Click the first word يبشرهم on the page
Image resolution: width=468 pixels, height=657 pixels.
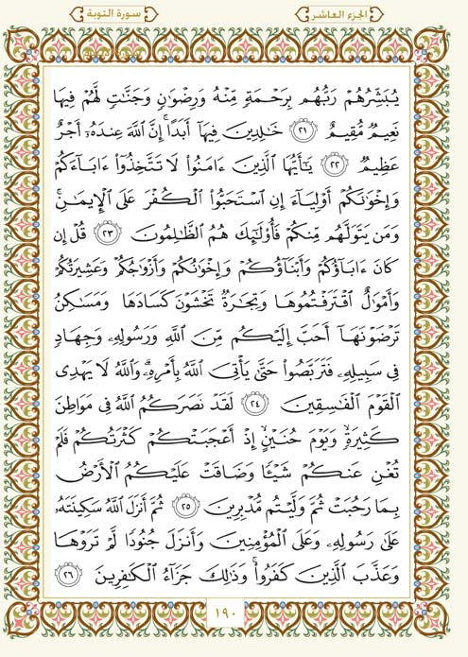(385, 93)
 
